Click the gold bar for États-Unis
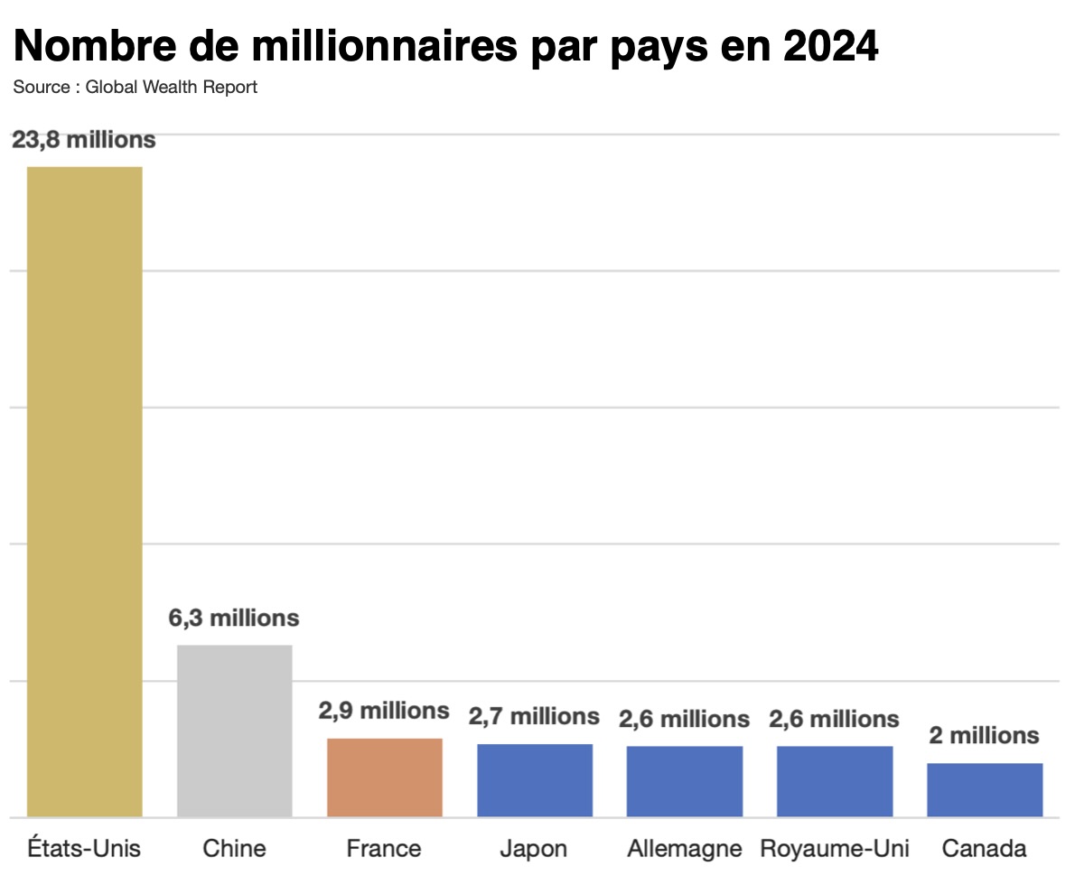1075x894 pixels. [x=84, y=491]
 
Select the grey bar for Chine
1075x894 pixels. [x=234, y=731]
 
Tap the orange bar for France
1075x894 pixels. [x=385, y=778]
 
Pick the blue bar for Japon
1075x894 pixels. [x=535, y=780]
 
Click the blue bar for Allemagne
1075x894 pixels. [x=685, y=781]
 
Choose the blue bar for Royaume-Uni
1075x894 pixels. [x=835, y=781]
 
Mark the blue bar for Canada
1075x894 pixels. [x=985, y=790]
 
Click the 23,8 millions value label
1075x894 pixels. [x=84, y=140]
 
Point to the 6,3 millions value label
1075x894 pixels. [x=234, y=619]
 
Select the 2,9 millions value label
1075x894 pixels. [x=384, y=711]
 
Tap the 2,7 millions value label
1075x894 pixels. [x=534, y=716]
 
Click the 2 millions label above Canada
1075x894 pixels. [x=985, y=735]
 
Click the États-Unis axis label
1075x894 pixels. [x=84, y=849]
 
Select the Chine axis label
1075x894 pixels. [x=234, y=849]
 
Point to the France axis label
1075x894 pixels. [x=384, y=849]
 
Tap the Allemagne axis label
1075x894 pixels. [x=685, y=849]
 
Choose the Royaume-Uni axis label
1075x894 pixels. [x=835, y=849]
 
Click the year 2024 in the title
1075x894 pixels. [x=830, y=47]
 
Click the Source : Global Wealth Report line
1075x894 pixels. [x=136, y=88]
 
